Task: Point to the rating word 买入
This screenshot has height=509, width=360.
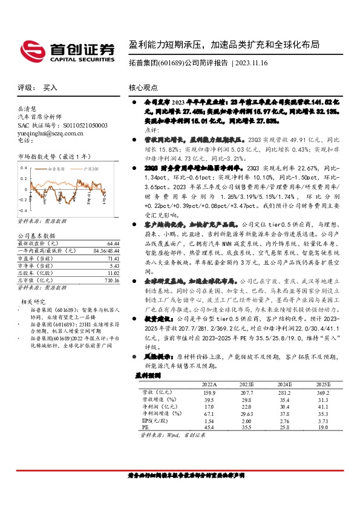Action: click(50, 88)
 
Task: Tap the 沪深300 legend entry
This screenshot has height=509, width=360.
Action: click(91, 167)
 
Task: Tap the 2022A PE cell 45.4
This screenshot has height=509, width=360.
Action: click(208, 427)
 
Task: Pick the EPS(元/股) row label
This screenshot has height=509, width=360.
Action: click(149, 420)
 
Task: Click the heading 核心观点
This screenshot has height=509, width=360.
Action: click(144, 88)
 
